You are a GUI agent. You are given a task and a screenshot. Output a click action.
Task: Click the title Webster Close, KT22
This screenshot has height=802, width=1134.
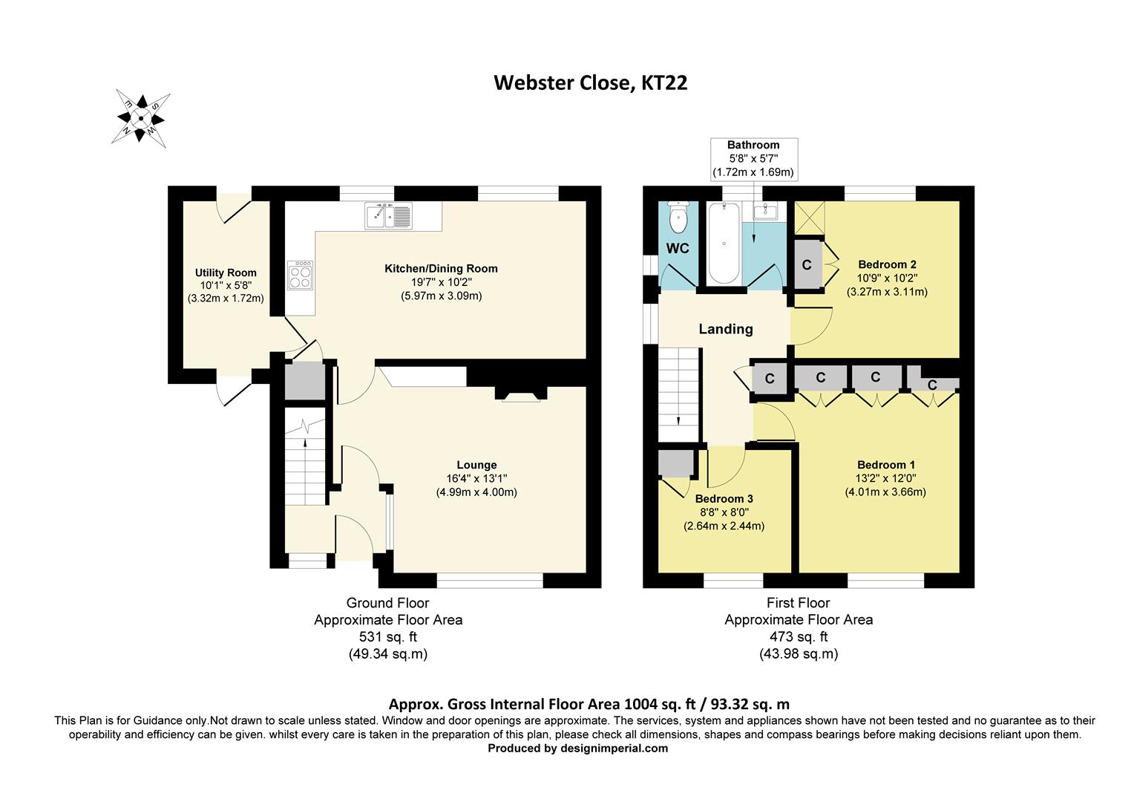[591, 82]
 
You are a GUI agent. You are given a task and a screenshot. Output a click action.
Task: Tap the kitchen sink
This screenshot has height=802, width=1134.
[388, 216]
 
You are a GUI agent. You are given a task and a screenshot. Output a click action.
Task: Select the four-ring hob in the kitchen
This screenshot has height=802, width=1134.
[300, 276]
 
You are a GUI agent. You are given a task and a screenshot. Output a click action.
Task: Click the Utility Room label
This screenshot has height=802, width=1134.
[226, 273]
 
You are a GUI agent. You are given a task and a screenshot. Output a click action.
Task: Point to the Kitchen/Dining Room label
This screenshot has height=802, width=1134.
[441, 268]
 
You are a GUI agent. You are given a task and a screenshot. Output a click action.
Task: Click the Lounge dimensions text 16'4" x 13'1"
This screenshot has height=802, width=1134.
[476, 479]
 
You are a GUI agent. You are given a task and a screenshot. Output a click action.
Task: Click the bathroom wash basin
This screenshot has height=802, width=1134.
[764, 212]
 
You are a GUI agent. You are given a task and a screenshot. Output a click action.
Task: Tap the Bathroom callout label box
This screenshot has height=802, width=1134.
[753, 158]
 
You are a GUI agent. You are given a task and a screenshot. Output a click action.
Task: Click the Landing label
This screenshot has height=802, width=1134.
[725, 329]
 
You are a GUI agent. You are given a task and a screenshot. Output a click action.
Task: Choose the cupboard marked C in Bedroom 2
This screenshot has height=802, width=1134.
[807, 264]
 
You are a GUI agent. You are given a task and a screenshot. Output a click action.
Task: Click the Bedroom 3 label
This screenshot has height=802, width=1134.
[724, 499]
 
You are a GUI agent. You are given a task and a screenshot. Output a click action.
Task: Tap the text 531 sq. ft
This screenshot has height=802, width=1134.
[387, 636]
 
